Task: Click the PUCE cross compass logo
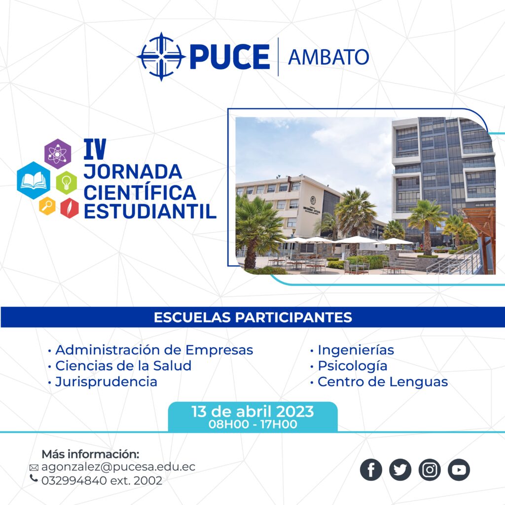coord(161,56)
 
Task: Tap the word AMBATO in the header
coord(328,57)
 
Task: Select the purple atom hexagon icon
coord(58,154)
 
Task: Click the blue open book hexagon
coord(34,180)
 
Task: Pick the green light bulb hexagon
coord(67,182)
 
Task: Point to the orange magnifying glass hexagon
coord(47,206)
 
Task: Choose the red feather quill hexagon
coord(70,208)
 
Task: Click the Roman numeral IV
coord(95,149)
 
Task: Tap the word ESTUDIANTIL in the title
coord(150,212)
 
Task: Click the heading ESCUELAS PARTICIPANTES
coord(253,317)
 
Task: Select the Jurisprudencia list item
coord(107,382)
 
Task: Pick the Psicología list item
coord(352,366)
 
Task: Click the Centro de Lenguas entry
coord(383,382)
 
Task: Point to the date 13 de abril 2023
coord(252,411)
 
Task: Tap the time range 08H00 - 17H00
coord(253,424)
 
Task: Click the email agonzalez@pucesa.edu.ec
coord(118,467)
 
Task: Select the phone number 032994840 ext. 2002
coord(102,480)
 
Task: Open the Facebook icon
coord(371,470)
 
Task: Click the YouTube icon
coord(459,470)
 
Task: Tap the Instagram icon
coord(430,470)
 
